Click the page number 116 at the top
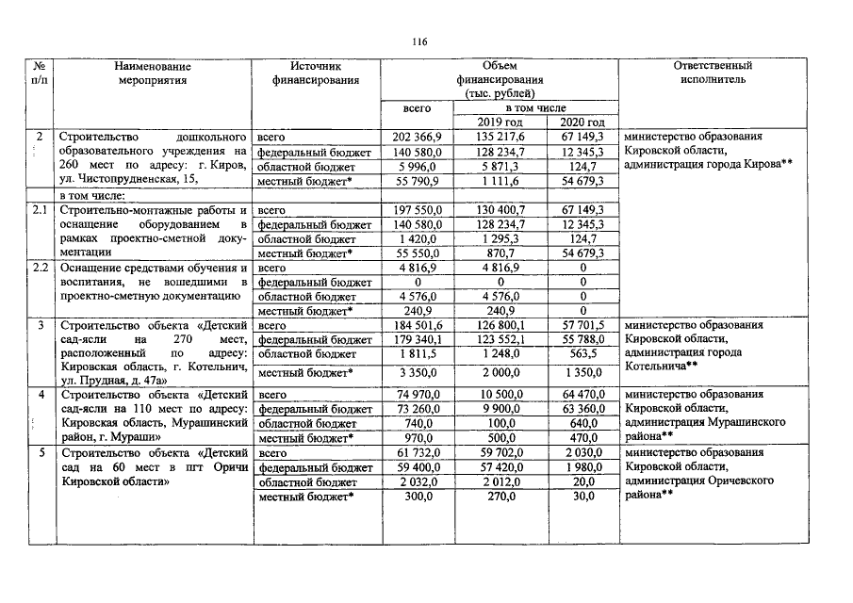[420, 41]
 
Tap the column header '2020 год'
[582, 122]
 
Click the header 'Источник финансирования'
[316, 73]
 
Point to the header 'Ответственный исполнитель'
[713, 73]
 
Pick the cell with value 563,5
[582, 353]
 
